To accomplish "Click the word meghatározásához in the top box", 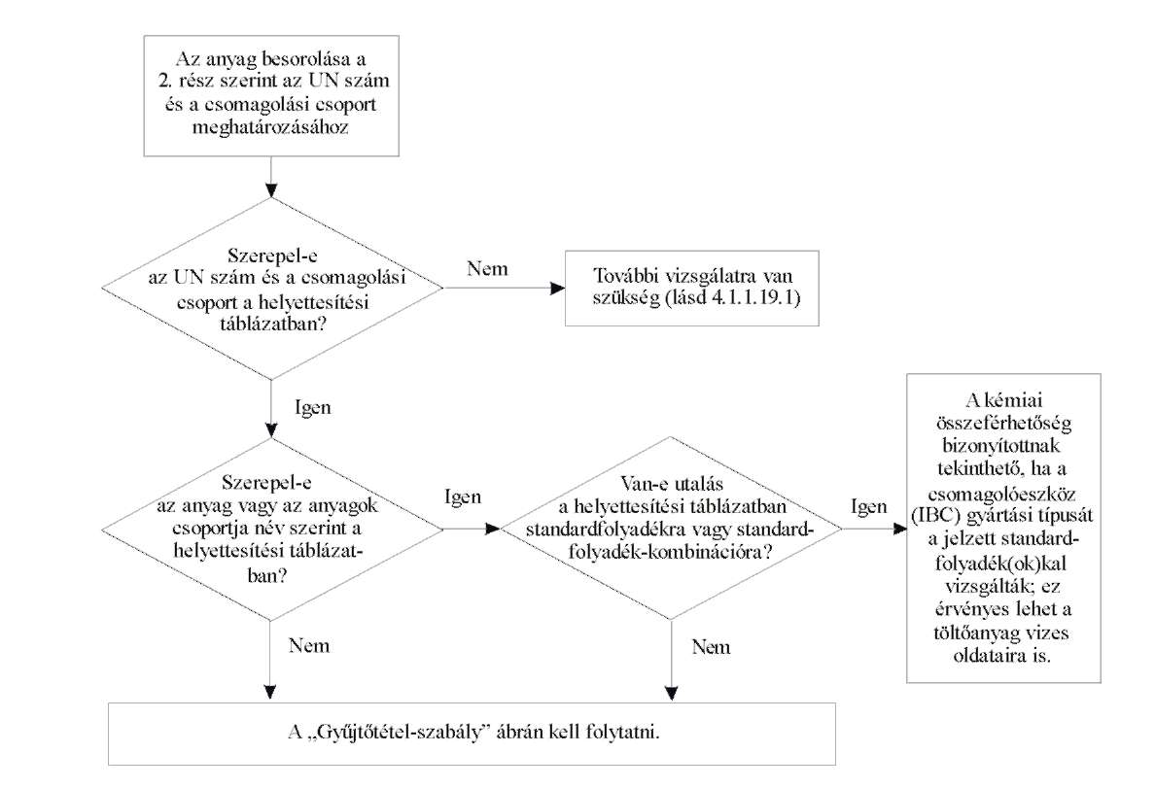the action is pyautogui.click(x=270, y=127).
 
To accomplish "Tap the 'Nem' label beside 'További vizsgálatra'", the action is pyautogui.click(x=487, y=269).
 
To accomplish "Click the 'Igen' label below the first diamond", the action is pyautogui.click(x=313, y=408).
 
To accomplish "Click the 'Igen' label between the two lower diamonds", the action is pyautogui.click(x=463, y=497).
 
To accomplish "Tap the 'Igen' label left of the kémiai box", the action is pyautogui.click(x=869, y=506).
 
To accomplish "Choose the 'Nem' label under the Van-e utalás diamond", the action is pyautogui.click(x=712, y=647).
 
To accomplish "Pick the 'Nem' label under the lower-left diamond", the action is pyautogui.click(x=309, y=646).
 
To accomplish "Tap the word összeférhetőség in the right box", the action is pyautogui.click(x=1004, y=424).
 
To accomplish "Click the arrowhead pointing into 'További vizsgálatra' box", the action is pyautogui.click(x=558, y=288).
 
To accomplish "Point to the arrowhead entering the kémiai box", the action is pyautogui.click(x=899, y=529).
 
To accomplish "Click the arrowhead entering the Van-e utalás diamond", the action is pyautogui.click(x=493, y=529).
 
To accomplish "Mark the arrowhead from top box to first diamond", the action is pyautogui.click(x=271, y=190).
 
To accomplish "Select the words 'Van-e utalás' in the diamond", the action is pyautogui.click(x=671, y=484).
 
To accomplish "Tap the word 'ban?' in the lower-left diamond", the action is pyautogui.click(x=267, y=575).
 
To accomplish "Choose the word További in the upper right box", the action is pyautogui.click(x=626, y=276).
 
